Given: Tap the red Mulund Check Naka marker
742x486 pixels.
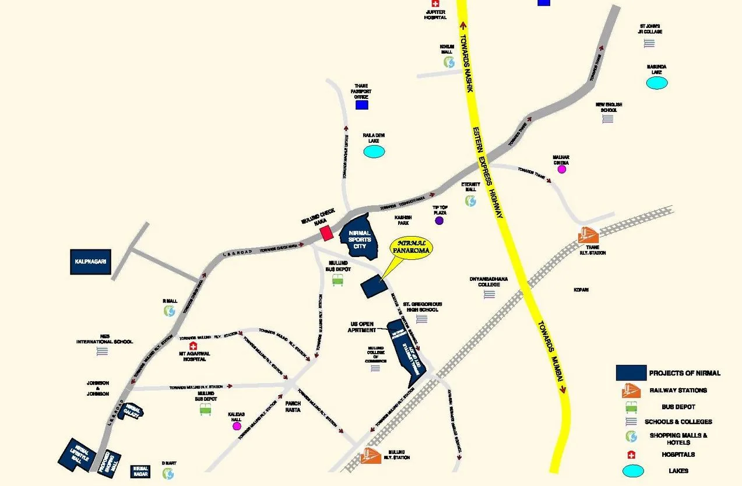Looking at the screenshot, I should tap(327, 233).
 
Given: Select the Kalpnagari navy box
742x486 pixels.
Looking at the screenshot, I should tap(90, 262).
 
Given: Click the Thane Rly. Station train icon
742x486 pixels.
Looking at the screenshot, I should tap(588, 235).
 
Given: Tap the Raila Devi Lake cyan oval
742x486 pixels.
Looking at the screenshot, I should tap(374, 152).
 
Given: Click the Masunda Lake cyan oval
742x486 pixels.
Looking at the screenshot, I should tap(657, 83).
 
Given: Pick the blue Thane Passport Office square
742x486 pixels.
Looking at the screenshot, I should tap(362, 105).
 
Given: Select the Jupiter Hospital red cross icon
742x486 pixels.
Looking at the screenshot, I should tap(435, 4).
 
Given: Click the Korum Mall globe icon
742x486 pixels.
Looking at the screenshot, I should tap(448, 61).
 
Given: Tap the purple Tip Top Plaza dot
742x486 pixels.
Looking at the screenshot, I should tap(439, 220).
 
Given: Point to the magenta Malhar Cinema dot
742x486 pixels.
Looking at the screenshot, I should tap(561, 170).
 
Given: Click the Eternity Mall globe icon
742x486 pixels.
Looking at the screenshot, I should tap(470, 200).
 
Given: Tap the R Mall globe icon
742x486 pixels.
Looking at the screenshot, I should tap(169, 311).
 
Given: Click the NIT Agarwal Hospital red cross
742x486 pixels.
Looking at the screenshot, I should tap(193, 346).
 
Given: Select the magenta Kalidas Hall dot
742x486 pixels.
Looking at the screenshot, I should tap(237, 426).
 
